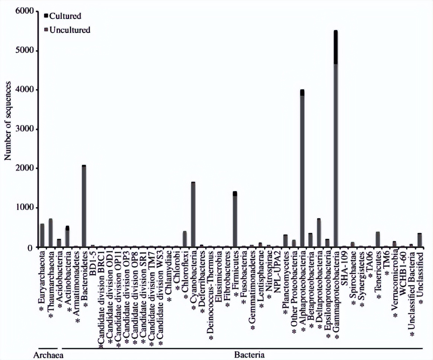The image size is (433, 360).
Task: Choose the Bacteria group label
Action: pyautogui.click(x=249, y=354)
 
